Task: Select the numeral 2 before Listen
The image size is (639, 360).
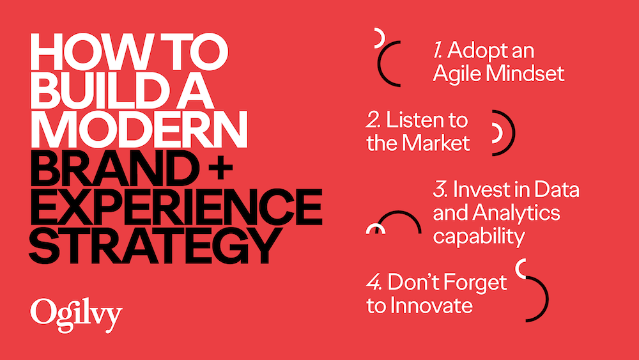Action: (x=372, y=120)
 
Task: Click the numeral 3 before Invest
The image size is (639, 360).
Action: (x=438, y=190)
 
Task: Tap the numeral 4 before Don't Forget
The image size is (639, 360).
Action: (x=374, y=283)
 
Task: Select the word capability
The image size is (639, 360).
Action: (x=479, y=236)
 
